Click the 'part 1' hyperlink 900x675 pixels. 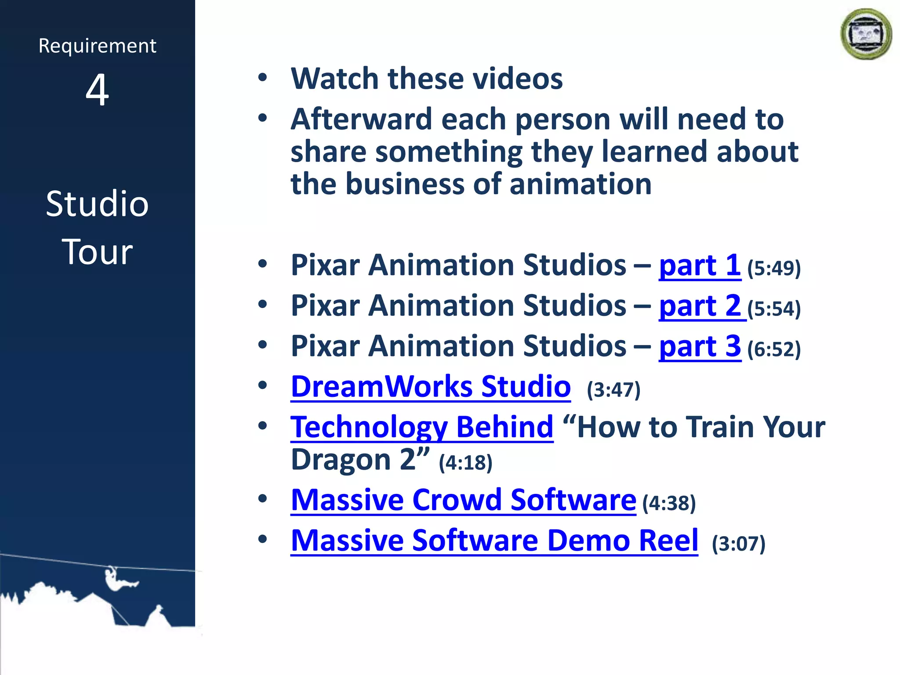700,266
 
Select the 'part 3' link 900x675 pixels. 700,347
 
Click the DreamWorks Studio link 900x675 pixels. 431,387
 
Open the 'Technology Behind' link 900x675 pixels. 422,428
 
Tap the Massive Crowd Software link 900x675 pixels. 463,501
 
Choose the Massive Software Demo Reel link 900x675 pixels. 494,541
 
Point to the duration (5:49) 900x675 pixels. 774,269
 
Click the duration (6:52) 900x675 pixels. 774,349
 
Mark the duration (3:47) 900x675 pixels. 613,390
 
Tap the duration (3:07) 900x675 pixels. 739,544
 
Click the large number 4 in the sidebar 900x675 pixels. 97,90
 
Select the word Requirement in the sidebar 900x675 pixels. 97,46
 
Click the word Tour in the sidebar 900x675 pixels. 97,252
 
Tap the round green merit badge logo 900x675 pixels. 866,34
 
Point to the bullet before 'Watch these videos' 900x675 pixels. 263,78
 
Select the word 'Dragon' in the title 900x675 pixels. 341,460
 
